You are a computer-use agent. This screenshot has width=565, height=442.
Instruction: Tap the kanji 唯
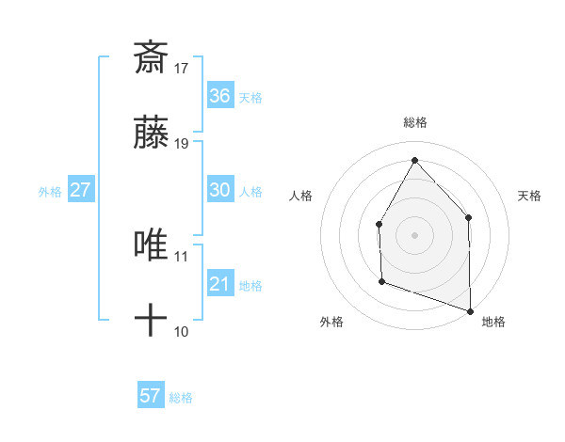[x=151, y=245]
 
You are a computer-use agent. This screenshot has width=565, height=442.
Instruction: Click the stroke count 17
[x=182, y=68]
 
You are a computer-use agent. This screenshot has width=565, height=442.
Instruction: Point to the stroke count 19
[x=182, y=144]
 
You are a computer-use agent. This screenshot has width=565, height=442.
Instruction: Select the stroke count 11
[x=182, y=256]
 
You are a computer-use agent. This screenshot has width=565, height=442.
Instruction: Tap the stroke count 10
[x=182, y=332]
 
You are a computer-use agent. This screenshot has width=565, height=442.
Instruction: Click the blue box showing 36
[x=220, y=96]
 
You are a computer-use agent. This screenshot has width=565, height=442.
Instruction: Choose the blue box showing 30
[x=220, y=190]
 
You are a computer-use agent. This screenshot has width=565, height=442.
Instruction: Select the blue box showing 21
[x=220, y=284]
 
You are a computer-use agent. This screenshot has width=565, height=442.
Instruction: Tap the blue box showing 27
[x=80, y=190]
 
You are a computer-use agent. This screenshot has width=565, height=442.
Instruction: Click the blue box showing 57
[x=151, y=396]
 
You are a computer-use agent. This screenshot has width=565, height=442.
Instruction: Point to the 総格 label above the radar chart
[x=415, y=123]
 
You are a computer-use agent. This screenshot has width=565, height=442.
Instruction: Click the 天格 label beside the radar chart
[x=530, y=196]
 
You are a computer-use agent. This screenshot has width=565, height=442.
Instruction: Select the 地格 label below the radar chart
[x=493, y=323]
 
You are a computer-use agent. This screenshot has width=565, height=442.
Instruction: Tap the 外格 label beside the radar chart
[x=331, y=323]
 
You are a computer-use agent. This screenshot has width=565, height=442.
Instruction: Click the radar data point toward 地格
[x=470, y=309]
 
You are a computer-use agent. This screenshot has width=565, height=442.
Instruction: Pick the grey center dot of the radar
[x=414, y=234]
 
